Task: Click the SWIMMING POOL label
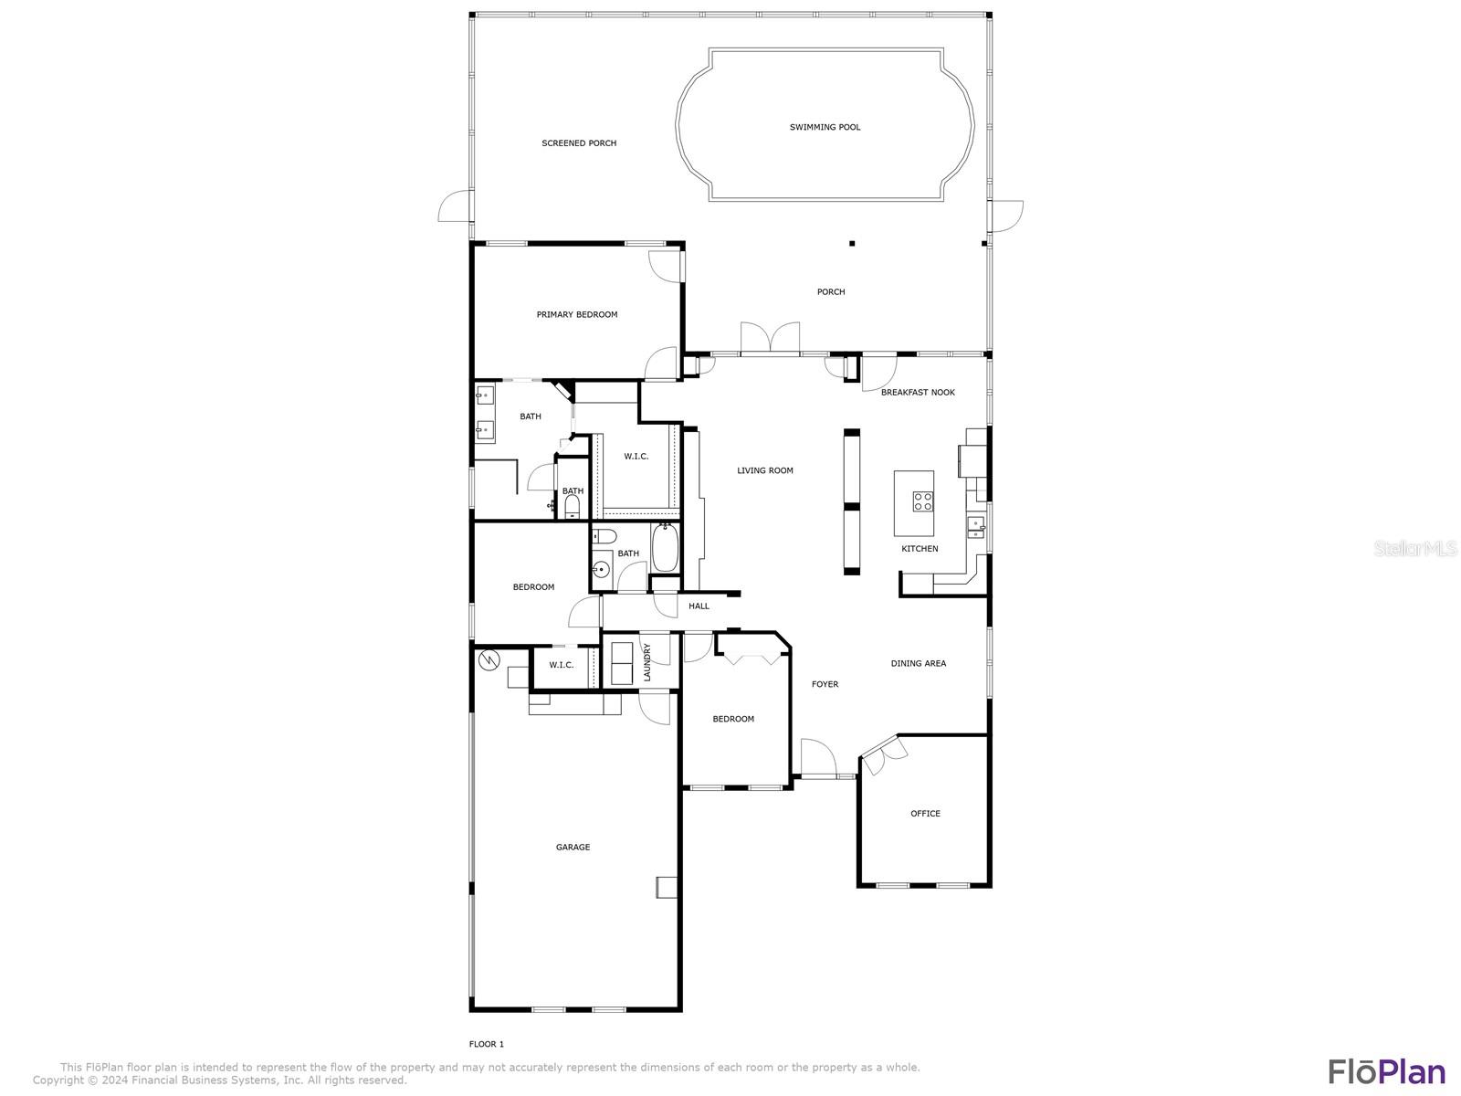point(825,127)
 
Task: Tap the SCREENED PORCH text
point(579,143)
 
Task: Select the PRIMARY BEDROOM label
point(577,315)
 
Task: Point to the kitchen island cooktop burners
point(922,501)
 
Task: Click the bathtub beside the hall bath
point(665,548)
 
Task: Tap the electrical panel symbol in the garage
point(489,660)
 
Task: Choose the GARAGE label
point(573,848)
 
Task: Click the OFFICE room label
point(925,813)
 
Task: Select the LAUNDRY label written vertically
point(647,662)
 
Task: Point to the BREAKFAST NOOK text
point(918,393)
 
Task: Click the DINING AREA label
point(919,663)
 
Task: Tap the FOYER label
point(825,684)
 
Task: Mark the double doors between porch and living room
point(770,339)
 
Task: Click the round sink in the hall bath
point(601,570)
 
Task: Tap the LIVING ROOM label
point(765,470)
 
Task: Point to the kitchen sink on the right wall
point(976,527)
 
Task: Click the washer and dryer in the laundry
point(622,663)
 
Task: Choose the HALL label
point(699,606)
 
